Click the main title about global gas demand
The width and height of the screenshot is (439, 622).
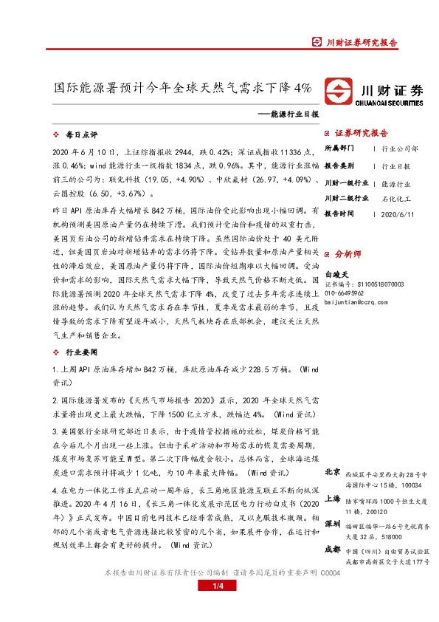pyautogui.click(x=184, y=87)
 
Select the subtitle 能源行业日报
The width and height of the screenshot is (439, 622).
pyautogui.click(x=291, y=115)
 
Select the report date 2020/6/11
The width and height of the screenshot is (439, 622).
pyautogui.click(x=398, y=215)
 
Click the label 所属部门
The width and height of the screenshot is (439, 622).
pyautogui.click(x=340, y=148)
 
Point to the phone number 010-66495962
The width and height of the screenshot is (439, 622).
pyautogui.click(x=353, y=293)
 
